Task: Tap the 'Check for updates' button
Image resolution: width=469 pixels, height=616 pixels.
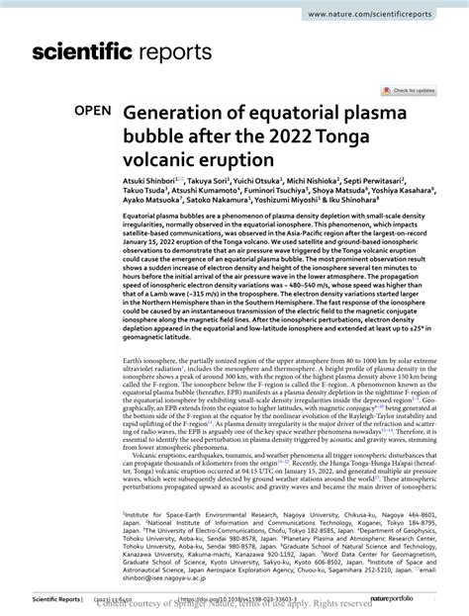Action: pos(411,91)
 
